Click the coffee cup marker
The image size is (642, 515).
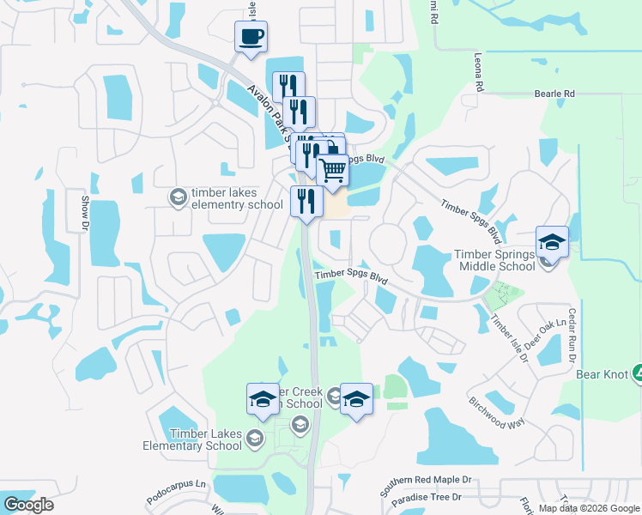[251, 38]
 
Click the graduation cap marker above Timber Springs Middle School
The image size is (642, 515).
[553, 243]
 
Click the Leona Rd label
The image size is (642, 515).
[479, 73]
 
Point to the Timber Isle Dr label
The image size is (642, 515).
[509, 337]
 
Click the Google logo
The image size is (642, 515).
[28, 504]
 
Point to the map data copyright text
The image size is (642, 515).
[589, 508]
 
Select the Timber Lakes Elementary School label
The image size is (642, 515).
[193, 440]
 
